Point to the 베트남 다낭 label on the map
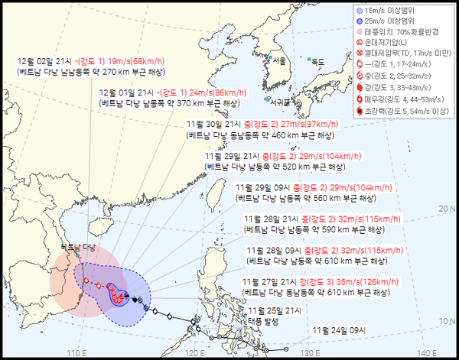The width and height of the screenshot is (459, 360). point(79,248)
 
